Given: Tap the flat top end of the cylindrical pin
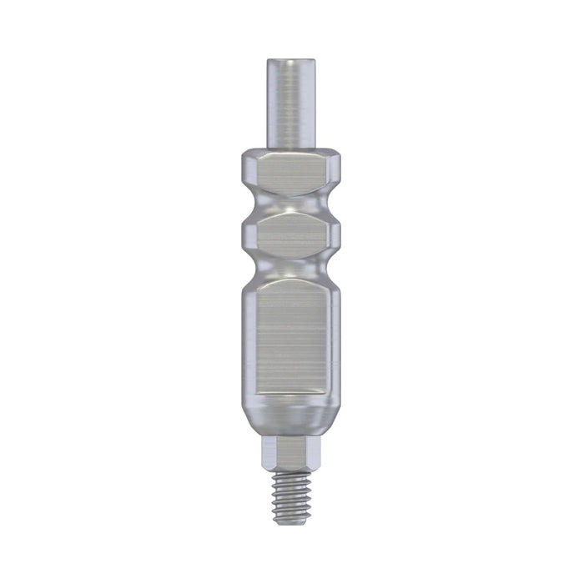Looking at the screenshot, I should (x=291, y=60).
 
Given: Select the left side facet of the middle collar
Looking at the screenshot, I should (x=247, y=234).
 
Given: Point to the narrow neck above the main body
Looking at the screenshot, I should (x=291, y=269).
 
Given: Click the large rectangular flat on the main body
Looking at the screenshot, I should (x=291, y=338).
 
